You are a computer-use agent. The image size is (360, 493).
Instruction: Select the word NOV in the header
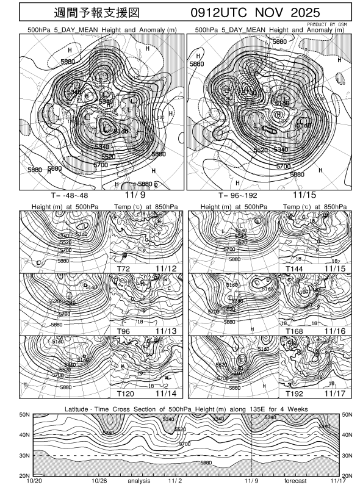(x=279, y=13)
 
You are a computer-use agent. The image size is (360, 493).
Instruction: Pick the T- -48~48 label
(x=56, y=195)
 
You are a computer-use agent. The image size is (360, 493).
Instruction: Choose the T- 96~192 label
(x=223, y=195)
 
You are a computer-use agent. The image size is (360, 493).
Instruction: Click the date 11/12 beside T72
(x=165, y=268)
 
